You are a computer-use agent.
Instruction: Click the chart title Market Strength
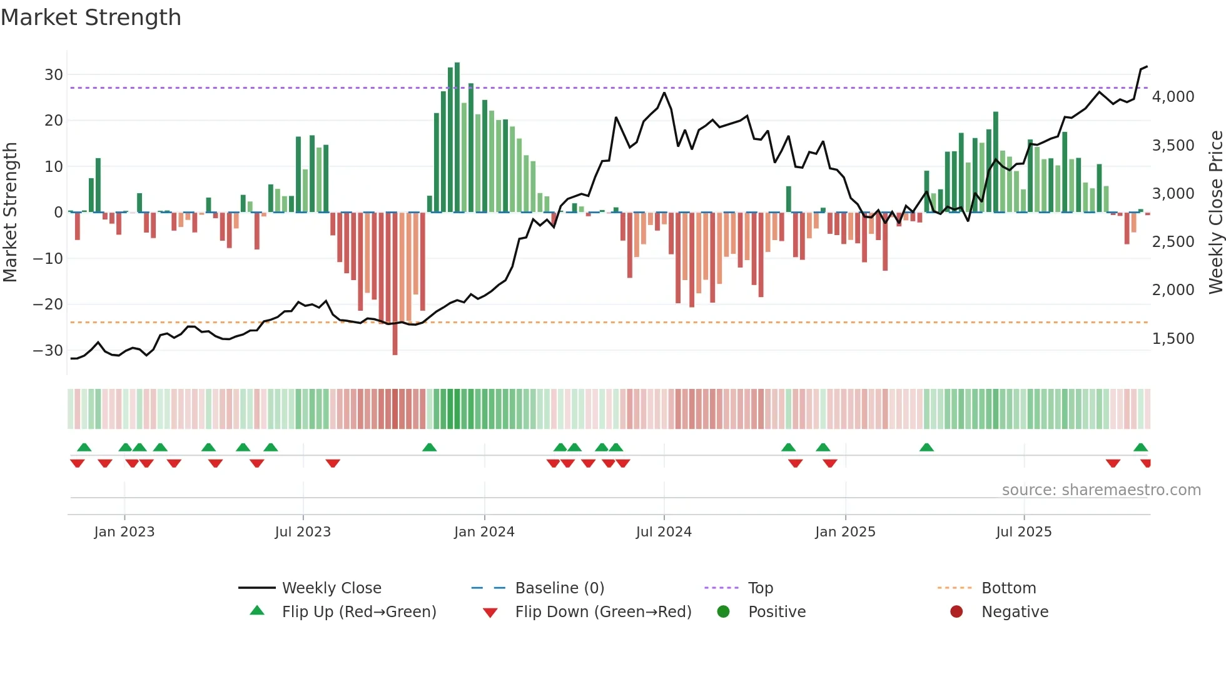pyautogui.click(x=91, y=18)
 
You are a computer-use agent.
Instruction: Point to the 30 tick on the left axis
pyautogui.click(x=54, y=75)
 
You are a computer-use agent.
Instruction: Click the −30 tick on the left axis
pyautogui.click(x=48, y=351)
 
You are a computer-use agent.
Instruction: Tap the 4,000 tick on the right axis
pyautogui.click(x=1173, y=97)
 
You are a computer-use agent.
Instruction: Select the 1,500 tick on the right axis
pyautogui.click(x=1173, y=339)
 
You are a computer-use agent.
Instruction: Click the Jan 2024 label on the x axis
pyautogui.click(x=484, y=532)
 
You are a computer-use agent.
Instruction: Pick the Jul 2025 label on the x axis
pyautogui.click(x=1024, y=532)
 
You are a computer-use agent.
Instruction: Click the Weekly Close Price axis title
pyautogui.click(x=1215, y=213)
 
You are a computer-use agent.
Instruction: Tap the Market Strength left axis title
pyautogui.click(x=10, y=213)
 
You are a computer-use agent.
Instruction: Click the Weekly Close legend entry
pyautogui.click(x=332, y=588)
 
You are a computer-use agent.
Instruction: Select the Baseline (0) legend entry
pyautogui.click(x=559, y=588)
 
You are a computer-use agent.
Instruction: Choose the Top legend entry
pyautogui.click(x=761, y=588)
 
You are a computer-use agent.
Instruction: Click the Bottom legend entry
pyautogui.click(x=1008, y=588)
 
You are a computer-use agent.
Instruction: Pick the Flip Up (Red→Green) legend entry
pyautogui.click(x=359, y=612)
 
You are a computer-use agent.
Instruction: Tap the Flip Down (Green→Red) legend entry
pyautogui.click(x=603, y=612)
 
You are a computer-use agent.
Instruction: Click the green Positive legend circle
pyautogui.click(x=724, y=612)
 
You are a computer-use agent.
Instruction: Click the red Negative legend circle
pyautogui.click(x=956, y=612)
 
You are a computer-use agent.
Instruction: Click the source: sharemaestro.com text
pyautogui.click(x=1101, y=490)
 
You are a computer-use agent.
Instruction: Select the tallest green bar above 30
pyautogui.click(x=457, y=138)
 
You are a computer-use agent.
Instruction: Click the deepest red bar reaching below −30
pyautogui.click(x=395, y=284)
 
